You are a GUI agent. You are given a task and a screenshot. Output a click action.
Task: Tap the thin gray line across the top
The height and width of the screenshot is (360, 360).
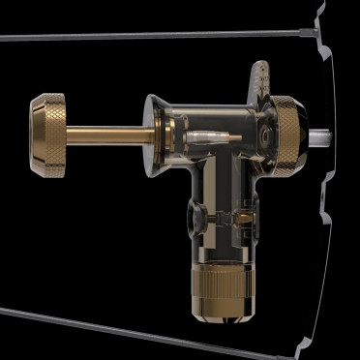click(x=145, y=37)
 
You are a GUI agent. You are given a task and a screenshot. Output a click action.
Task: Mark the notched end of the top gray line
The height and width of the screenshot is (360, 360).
click(x=311, y=34)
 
